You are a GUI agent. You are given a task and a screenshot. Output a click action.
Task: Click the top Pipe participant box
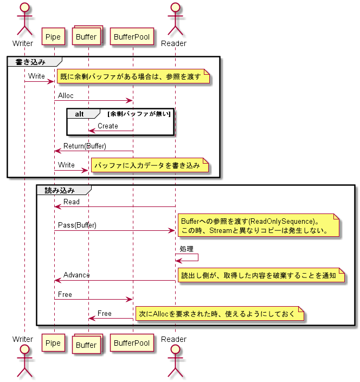(54, 37)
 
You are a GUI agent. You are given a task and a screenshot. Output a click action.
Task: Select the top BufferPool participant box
(132, 37)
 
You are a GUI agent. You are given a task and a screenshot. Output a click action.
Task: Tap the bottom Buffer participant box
(87, 345)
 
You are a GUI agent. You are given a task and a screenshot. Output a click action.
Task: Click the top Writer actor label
(23, 43)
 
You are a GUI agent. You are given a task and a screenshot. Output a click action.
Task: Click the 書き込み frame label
(31, 62)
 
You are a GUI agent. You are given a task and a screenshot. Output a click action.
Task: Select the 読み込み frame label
(60, 190)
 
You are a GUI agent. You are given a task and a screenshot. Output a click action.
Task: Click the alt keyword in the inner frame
(80, 114)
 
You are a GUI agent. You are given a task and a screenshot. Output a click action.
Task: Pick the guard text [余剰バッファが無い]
(139, 114)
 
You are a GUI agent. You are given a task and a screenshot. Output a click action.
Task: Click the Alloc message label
(66, 96)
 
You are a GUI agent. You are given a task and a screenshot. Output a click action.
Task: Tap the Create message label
(107, 126)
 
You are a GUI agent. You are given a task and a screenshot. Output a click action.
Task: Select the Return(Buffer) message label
(85, 146)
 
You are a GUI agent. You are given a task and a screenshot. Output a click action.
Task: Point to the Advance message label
(76, 275)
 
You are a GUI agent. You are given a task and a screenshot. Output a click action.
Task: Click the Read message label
(71, 202)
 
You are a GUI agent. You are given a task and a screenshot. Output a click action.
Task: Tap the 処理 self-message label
(187, 249)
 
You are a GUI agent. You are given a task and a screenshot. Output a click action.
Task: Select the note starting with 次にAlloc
(220, 314)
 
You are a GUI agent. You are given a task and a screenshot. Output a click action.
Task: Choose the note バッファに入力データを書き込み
(149, 166)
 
